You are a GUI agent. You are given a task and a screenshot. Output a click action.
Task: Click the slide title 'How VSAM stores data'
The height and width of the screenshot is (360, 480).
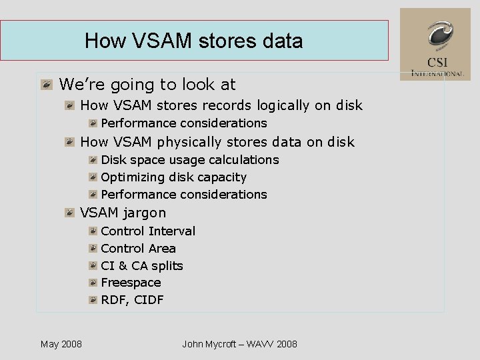[193, 41]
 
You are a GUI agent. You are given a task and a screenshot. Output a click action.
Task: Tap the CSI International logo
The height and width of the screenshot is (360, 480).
[435, 44]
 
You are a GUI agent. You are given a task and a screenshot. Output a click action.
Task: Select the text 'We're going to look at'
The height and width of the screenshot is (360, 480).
[147, 85]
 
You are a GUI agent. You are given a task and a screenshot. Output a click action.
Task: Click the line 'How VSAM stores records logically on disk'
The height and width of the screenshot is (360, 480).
[221, 105]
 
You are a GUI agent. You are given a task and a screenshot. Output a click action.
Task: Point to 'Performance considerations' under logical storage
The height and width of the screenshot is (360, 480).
[183, 123]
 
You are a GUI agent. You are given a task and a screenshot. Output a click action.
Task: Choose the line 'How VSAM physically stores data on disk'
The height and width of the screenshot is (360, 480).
[217, 142]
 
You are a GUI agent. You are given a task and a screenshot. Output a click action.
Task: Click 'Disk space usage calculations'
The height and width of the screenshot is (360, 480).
[189, 160]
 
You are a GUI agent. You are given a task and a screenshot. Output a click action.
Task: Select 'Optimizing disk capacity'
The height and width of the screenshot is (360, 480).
[173, 177]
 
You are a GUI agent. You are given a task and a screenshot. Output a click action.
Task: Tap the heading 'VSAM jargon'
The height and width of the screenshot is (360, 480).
[123, 213]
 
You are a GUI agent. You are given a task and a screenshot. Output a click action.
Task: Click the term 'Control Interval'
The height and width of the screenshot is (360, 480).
[148, 231]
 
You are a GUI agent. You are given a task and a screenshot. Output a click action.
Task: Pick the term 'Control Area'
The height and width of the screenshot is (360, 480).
[138, 249]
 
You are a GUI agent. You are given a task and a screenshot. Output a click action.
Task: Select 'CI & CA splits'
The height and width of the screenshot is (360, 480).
[141, 266]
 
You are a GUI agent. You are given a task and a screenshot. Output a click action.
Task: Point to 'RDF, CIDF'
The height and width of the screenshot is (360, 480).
[132, 300]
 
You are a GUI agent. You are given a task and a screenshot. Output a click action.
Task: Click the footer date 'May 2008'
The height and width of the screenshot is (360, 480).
[61, 344]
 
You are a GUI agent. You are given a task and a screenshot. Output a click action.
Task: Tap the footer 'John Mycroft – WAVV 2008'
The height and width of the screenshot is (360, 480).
[239, 344]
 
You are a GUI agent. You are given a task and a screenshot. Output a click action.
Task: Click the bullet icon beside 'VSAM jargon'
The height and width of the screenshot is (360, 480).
[70, 213]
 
